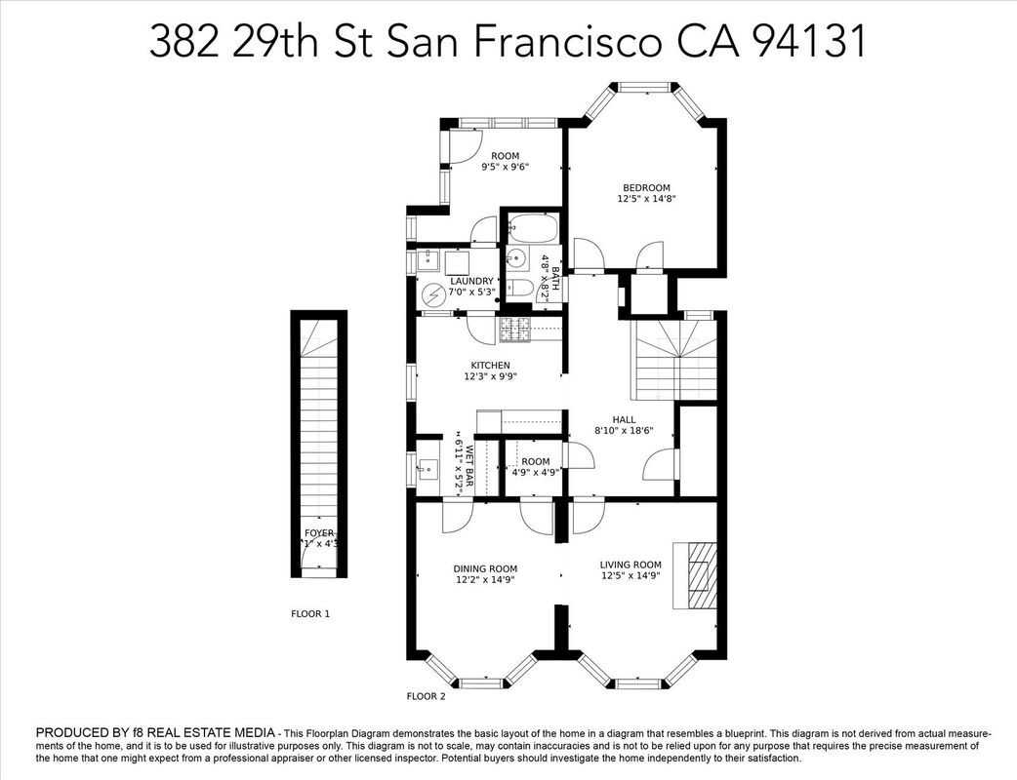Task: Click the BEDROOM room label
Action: (646, 187)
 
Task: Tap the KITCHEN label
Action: (490, 366)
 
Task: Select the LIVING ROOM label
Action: (631, 565)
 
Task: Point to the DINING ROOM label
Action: (484, 568)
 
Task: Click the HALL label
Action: (624, 419)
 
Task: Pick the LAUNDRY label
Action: (471, 281)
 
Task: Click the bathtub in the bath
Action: (532, 230)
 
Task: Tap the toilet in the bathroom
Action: (520, 287)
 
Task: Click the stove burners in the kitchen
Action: (514, 331)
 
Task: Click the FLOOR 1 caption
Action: (310, 614)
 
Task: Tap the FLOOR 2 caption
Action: (426, 696)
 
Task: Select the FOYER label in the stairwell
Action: (319, 533)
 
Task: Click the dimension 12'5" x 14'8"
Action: (646, 199)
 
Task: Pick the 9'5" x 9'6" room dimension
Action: (505, 167)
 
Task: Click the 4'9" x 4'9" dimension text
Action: (535, 473)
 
